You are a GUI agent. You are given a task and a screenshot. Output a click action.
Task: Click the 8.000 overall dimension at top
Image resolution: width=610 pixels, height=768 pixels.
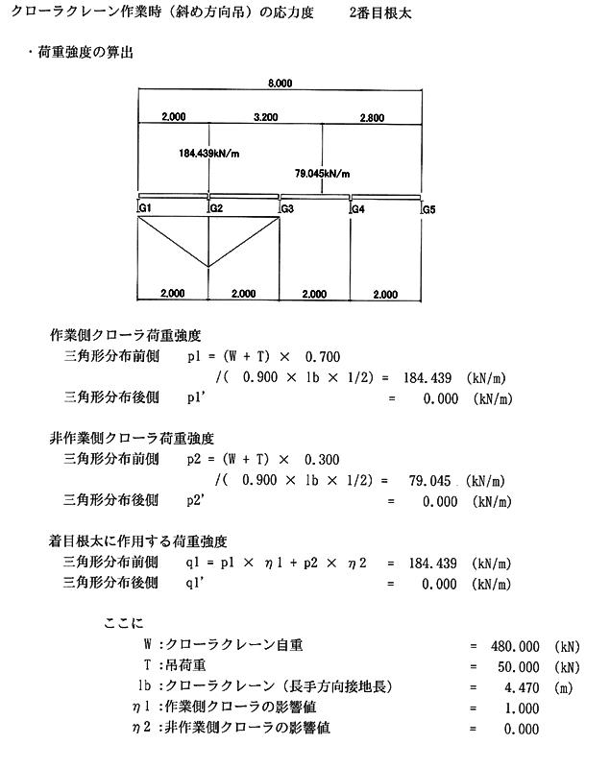click(x=281, y=84)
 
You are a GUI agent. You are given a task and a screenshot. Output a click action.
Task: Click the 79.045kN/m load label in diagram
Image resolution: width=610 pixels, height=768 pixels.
click(x=322, y=175)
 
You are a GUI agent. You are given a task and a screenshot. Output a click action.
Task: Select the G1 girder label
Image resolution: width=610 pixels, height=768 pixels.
click(x=146, y=208)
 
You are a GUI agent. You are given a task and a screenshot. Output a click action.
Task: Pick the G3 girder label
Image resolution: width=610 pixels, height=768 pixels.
click(x=287, y=208)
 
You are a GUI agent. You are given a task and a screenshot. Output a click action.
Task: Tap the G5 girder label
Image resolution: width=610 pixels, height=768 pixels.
click(x=428, y=208)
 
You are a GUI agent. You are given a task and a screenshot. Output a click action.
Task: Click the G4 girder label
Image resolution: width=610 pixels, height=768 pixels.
click(x=358, y=208)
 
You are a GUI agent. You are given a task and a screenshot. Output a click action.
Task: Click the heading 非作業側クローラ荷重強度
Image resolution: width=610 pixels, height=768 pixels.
click(x=125, y=439)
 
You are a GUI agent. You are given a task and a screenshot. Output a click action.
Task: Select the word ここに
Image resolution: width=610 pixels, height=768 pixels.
click(x=122, y=623)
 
